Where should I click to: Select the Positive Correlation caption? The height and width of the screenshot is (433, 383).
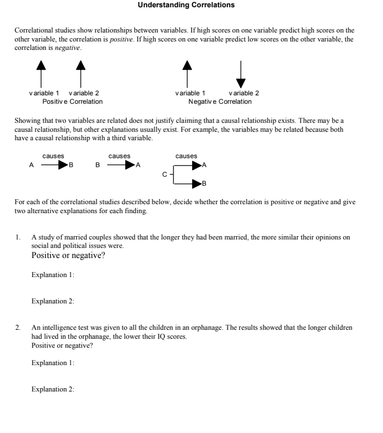tap(72, 102)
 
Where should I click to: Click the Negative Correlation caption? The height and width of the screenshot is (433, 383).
tap(220, 102)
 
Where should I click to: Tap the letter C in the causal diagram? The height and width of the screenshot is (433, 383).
tap(165, 174)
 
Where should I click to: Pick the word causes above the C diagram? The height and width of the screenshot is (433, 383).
tap(186, 156)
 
